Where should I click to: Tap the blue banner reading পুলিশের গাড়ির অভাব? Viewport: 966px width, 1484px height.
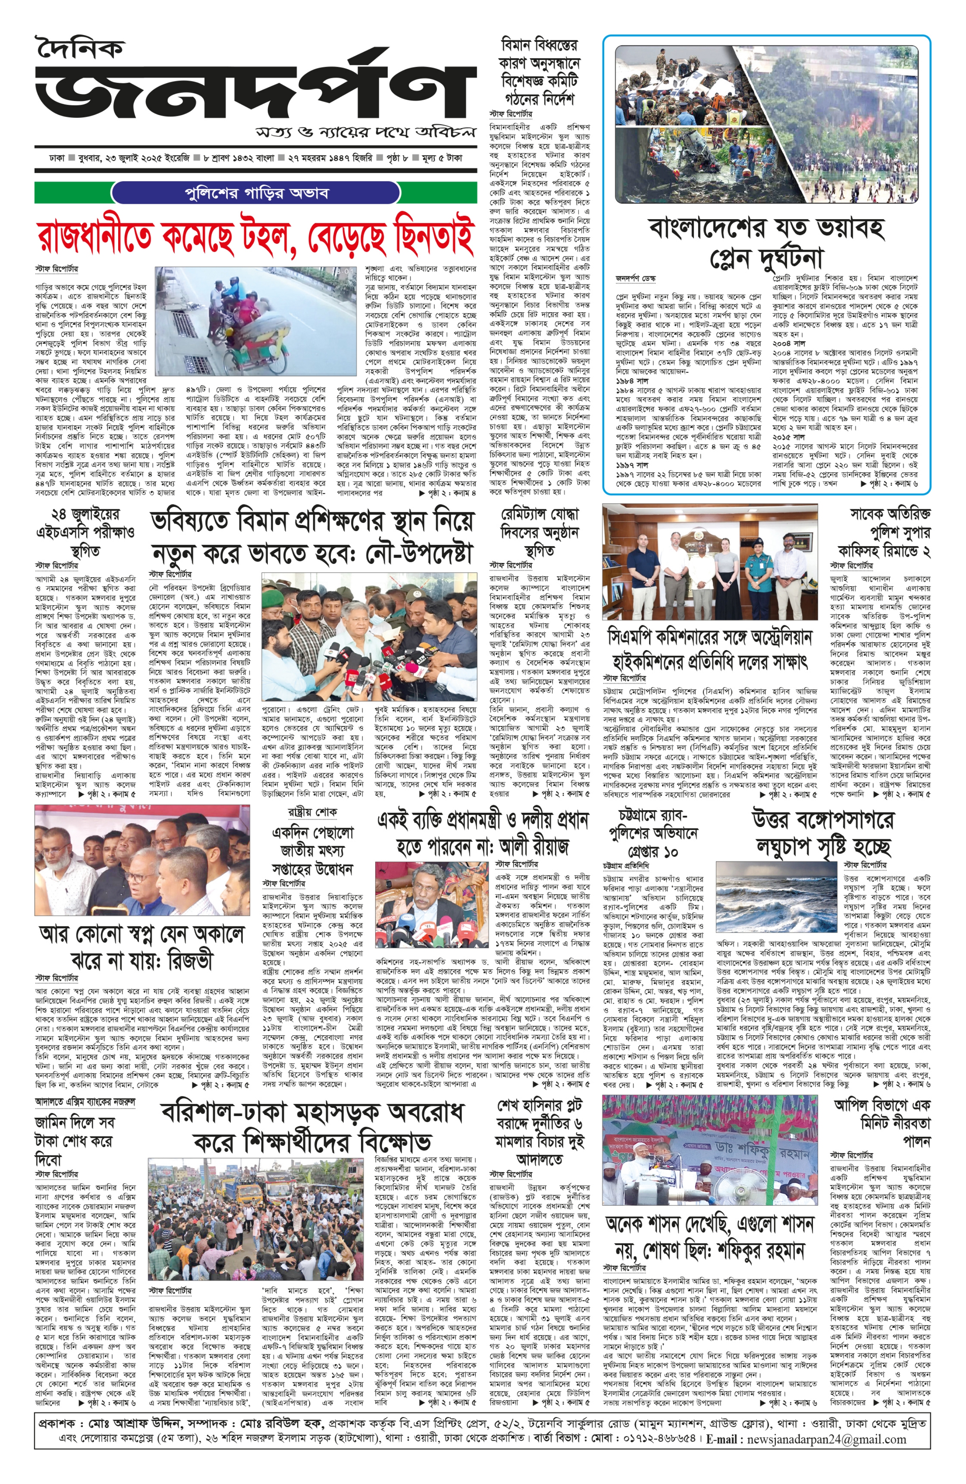click(x=257, y=193)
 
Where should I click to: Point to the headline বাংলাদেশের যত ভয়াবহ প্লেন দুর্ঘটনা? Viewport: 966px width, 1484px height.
click(x=766, y=242)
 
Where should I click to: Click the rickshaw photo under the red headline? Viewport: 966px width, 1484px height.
click(x=256, y=321)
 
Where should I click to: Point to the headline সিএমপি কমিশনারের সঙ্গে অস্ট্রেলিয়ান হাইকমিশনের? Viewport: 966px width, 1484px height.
click(x=710, y=649)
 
